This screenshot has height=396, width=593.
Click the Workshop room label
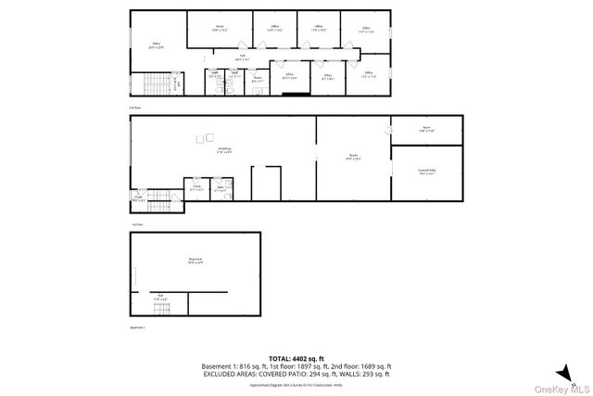[x=223, y=149]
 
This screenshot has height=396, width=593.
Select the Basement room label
[x=196, y=261]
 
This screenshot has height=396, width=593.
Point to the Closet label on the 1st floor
[x=197, y=187]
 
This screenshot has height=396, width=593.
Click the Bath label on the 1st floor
[x=221, y=187]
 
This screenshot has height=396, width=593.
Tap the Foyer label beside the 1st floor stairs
[x=138, y=198]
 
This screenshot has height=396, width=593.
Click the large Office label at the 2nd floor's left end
[x=157, y=45]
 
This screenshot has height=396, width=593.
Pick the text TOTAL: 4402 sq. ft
[x=296, y=358]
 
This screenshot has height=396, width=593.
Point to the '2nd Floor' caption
[x=135, y=108]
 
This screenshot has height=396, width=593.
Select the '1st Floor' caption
[x=136, y=224]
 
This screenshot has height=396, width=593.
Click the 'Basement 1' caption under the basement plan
[x=138, y=327]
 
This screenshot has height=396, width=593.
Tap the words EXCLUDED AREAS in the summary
[x=233, y=374]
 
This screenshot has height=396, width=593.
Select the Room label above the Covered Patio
[x=425, y=128]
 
